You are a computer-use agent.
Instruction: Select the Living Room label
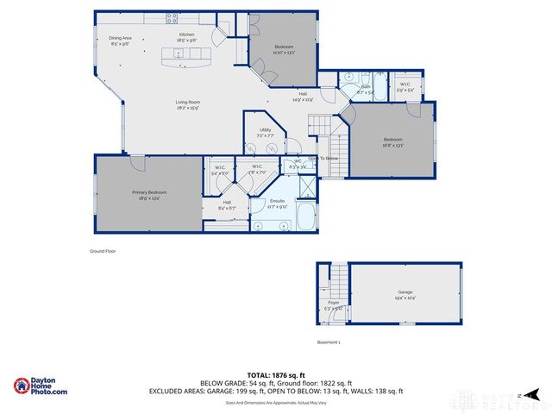[x=188, y=104]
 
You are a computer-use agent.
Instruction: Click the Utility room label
[x=265, y=132]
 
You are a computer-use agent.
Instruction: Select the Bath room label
[x=364, y=87]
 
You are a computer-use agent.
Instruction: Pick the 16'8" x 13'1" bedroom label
[x=392, y=142]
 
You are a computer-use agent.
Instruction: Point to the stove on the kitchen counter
[x=172, y=16]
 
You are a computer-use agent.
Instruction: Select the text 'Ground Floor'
[x=103, y=251]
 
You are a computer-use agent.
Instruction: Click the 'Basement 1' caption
[x=329, y=342]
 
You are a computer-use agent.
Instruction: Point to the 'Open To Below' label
[x=323, y=158]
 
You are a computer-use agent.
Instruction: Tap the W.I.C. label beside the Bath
[x=405, y=87]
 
